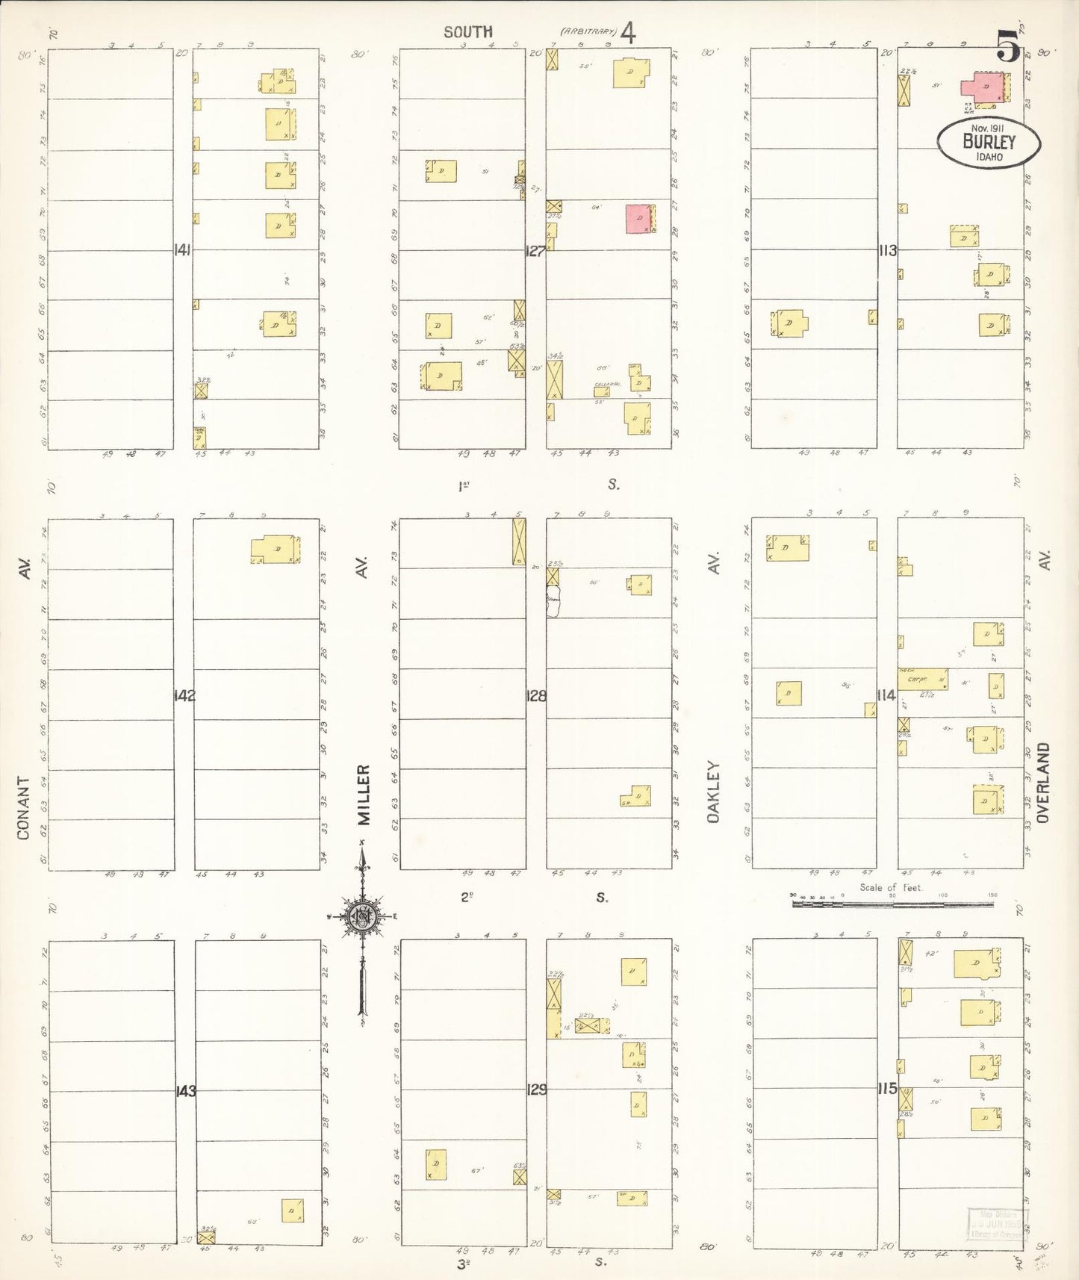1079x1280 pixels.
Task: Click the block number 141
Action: point(182,250)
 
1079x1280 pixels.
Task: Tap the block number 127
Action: point(535,251)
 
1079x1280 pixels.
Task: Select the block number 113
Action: point(887,251)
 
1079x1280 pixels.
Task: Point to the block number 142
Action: point(184,696)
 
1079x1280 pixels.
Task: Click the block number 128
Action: point(536,696)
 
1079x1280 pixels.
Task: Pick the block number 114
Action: point(886,695)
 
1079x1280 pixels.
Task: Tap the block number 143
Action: point(185,1091)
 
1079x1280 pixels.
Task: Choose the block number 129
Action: point(536,1090)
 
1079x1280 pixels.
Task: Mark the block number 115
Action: point(887,1089)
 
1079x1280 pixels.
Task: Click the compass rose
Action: point(362,917)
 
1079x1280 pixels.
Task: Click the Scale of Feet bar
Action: point(892,904)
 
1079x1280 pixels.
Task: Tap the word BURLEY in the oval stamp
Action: point(989,142)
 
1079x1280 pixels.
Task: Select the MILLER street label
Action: point(364,795)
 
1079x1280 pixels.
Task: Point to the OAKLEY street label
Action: point(714,792)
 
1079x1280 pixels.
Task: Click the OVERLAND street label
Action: point(1043,783)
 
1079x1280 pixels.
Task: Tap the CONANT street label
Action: point(24,808)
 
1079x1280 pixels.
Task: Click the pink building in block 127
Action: point(638,218)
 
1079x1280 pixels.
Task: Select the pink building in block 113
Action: point(983,87)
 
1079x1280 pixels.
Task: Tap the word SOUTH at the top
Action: point(468,32)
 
